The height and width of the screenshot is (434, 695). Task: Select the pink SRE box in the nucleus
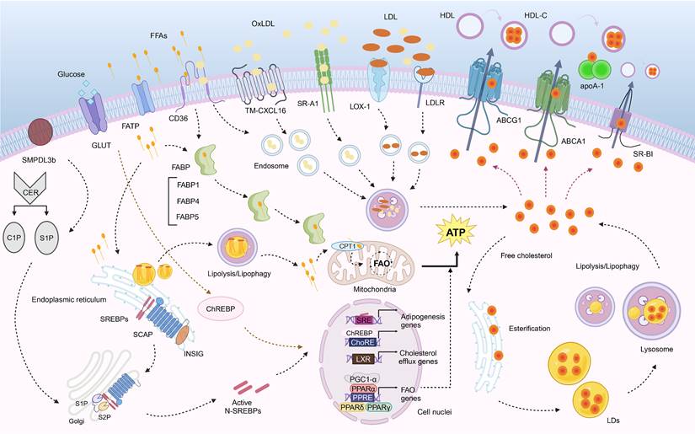tap(340, 319)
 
